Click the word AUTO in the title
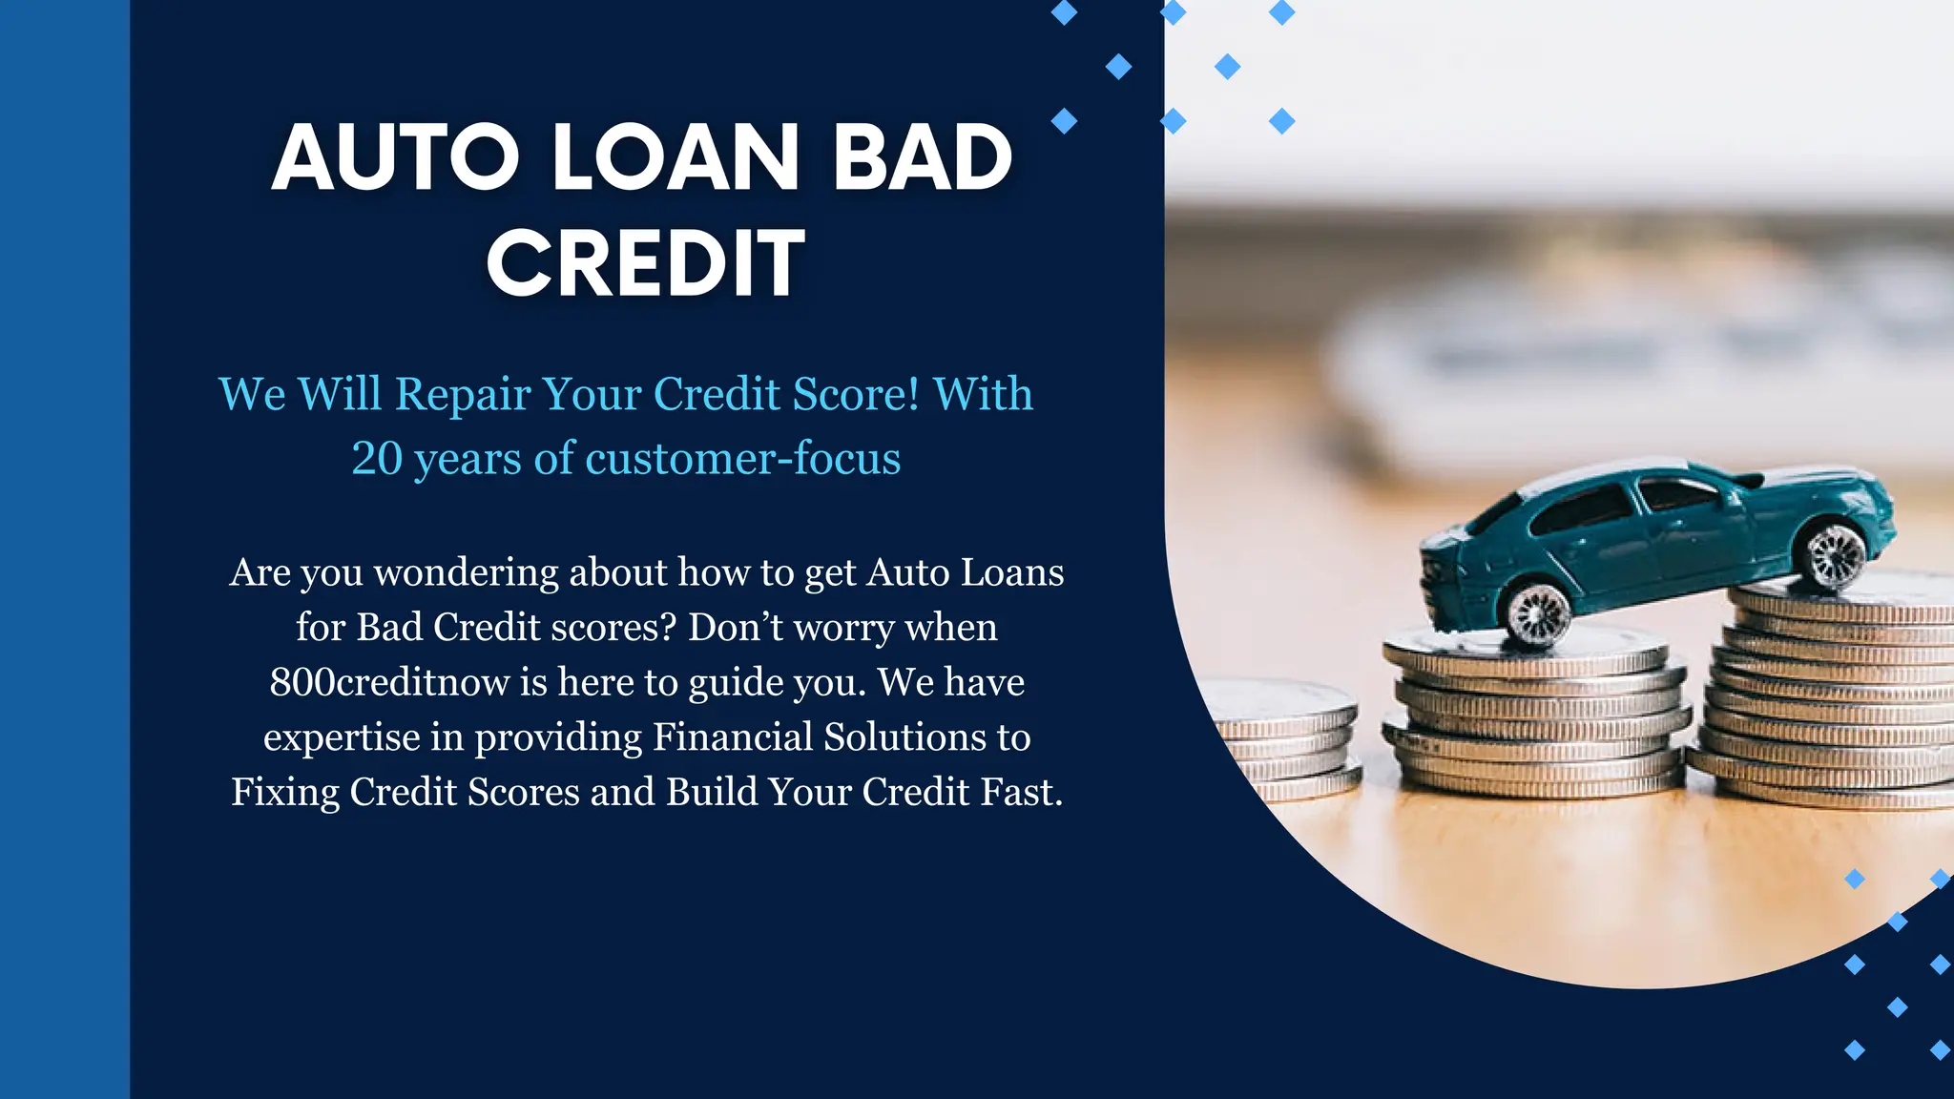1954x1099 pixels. click(395, 158)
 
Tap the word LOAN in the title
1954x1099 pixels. click(676, 158)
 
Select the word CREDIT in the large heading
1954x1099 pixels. click(646, 263)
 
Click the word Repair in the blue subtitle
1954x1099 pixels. click(463, 395)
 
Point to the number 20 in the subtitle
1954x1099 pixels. click(377, 459)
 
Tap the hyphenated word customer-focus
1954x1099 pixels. click(742, 459)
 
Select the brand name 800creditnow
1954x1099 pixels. click(389, 683)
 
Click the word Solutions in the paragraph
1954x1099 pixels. click(905, 737)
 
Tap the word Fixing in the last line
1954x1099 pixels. click(284, 793)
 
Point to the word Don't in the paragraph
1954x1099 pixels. click(736, 628)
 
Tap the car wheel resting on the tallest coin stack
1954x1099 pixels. click(1834, 555)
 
